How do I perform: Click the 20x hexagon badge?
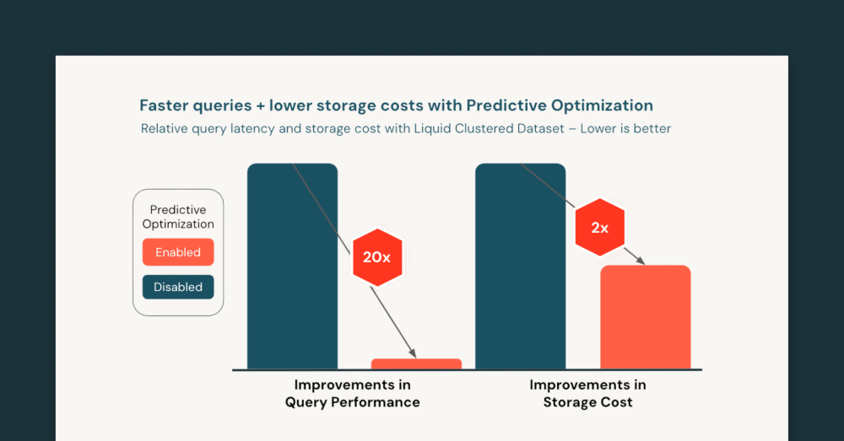(x=376, y=257)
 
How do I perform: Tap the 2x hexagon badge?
(x=599, y=227)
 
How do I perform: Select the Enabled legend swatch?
(x=178, y=252)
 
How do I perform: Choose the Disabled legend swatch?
(x=178, y=287)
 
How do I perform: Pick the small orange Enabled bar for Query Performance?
(x=416, y=363)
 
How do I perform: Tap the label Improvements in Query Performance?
(x=352, y=394)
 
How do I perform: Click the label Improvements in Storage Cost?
(x=587, y=394)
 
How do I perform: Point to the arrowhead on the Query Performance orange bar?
(x=414, y=354)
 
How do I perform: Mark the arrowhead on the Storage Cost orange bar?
(x=641, y=261)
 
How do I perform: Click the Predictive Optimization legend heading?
(x=178, y=217)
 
